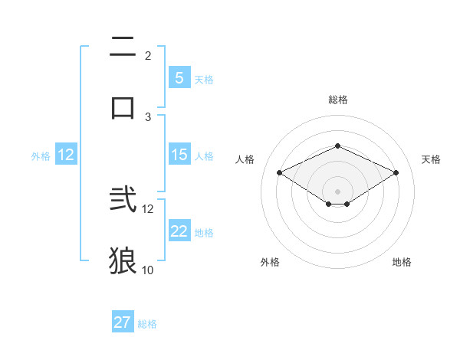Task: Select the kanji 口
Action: [x=123, y=106]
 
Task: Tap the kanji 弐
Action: [x=123, y=201]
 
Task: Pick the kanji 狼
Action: [x=123, y=260]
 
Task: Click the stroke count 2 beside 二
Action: [x=148, y=56]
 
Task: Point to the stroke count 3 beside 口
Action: [x=148, y=116]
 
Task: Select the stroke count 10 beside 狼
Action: [x=148, y=270]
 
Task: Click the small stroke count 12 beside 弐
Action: [x=148, y=208]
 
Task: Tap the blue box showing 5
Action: [x=179, y=78]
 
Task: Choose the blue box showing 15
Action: [x=179, y=155]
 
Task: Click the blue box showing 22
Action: [x=179, y=231]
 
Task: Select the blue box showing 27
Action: [x=122, y=322]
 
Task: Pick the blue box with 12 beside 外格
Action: [x=66, y=155]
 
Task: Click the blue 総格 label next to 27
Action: [x=148, y=324]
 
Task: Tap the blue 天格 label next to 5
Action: [x=204, y=79]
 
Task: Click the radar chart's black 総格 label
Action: [x=337, y=100]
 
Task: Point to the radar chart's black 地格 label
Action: [x=402, y=262]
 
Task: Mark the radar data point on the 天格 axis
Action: [x=396, y=173]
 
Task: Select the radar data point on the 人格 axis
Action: [x=280, y=173]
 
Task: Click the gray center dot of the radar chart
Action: [x=337, y=191]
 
